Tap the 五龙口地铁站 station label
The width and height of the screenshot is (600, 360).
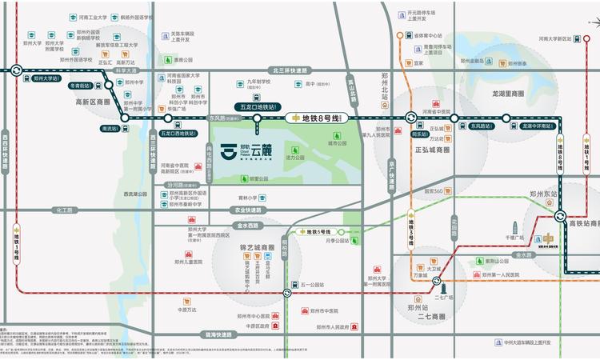[x=258, y=105]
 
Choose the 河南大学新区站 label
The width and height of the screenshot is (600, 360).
[x=558, y=38]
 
